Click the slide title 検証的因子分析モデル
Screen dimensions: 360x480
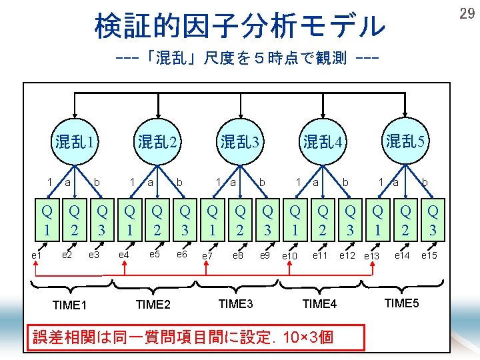click(240, 27)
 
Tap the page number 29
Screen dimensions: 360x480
click(467, 13)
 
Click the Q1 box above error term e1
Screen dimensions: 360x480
click(47, 221)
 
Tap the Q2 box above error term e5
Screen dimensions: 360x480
click(157, 221)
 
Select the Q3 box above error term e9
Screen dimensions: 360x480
click(267, 221)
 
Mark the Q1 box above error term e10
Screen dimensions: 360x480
click(295, 221)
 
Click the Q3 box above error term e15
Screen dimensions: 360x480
click(433, 221)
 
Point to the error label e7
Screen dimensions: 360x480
click(208, 255)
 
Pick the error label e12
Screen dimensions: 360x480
click(347, 255)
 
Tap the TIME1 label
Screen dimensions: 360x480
click(69, 305)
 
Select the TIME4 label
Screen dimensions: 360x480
click(320, 304)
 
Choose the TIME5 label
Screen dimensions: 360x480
click(402, 303)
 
